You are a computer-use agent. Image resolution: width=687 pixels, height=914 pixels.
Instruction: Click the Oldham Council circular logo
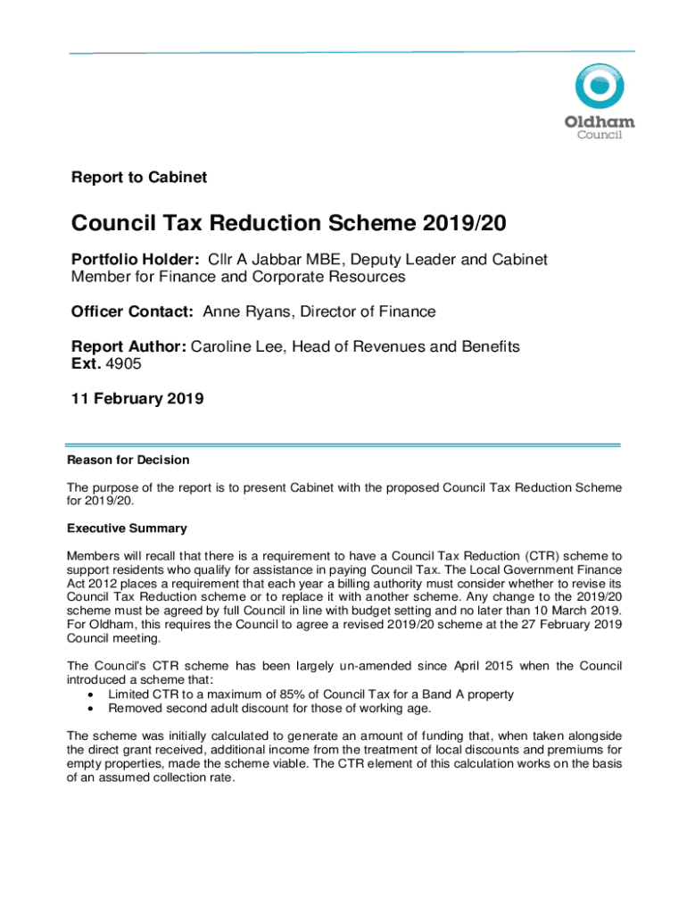(600, 91)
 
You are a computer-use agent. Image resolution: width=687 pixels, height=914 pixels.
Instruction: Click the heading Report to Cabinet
(139, 178)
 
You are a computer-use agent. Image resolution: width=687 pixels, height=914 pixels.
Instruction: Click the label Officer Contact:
(133, 312)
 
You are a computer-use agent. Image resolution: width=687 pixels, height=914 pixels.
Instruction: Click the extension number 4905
(124, 364)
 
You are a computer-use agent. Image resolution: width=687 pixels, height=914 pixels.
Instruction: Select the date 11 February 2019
(137, 399)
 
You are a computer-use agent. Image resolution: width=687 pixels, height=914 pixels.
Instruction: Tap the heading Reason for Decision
(128, 460)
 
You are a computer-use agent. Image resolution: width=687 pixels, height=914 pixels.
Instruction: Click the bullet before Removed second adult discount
(91, 708)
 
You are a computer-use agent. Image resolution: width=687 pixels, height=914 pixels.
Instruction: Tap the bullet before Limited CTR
(91, 694)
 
